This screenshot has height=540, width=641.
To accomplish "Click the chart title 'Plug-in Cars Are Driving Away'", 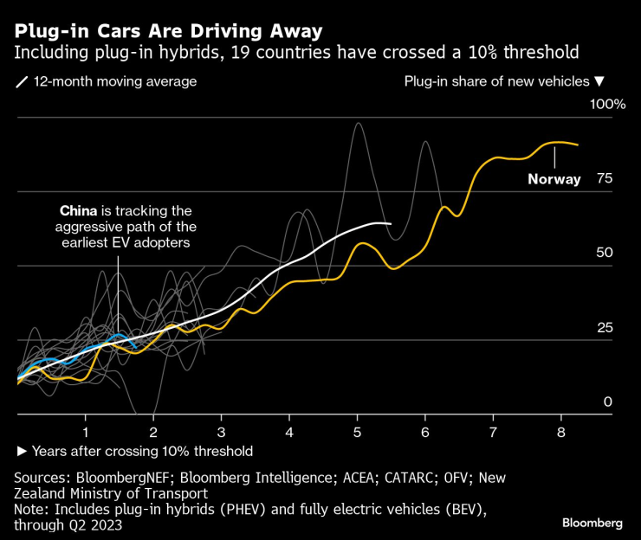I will coord(168,31).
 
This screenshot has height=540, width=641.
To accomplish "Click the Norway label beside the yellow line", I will coord(554,180).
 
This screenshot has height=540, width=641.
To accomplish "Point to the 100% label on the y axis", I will coord(607,105).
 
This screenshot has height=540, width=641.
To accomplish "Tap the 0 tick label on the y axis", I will coord(608,402).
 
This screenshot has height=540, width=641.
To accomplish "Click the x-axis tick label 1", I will coord(86,431).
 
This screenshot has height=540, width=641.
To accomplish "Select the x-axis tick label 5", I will coord(357,431).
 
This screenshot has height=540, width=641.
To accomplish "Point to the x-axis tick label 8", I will coord(560,431).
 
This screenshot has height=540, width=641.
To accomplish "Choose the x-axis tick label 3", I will coord(221,431).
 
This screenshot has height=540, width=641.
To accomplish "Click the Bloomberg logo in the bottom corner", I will coord(592,524).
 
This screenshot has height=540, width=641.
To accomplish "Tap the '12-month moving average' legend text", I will coord(114,82).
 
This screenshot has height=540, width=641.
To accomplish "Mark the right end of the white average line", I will coord(391,224).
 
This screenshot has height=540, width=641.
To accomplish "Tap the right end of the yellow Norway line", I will coord(579,145).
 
